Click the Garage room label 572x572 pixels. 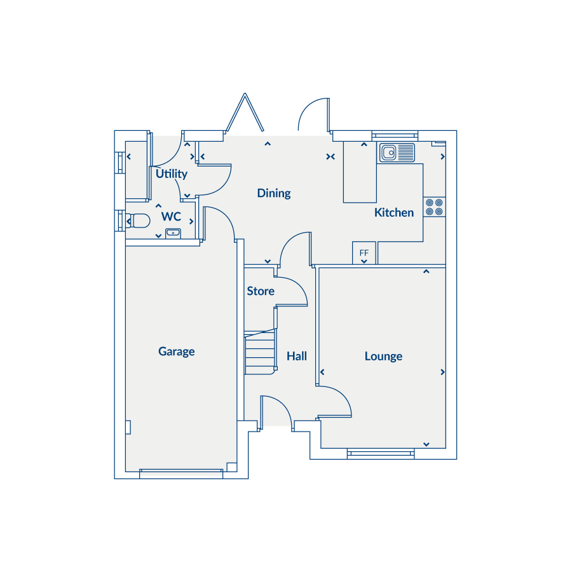point(176,351)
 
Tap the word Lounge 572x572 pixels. point(383,356)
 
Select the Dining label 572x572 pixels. point(274,193)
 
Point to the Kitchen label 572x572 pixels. point(394,212)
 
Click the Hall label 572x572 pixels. point(297,356)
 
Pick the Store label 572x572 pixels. point(261,291)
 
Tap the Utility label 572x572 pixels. point(172,174)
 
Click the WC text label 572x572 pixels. point(171,216)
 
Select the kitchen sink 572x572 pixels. point(397,153)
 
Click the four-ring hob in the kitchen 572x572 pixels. point(434,207)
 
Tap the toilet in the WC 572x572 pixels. point(138,221)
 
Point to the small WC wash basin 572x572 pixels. point(173,233)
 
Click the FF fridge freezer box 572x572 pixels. point(364,253)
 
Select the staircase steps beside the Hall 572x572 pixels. point(260,352)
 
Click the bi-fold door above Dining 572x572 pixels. point(245,112)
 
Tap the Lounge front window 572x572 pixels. point(381,453)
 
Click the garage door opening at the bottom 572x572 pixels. point(181,473)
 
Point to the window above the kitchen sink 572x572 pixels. point(395,136)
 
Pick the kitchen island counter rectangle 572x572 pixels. point(360,172)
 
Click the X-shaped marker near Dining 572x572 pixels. point(330,156)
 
